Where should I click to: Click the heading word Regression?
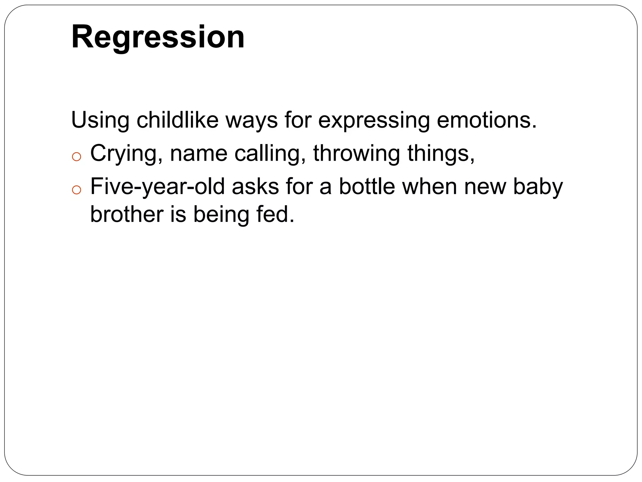coord(158,37)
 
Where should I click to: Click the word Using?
coord(100,120)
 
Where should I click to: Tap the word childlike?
coord(177,120)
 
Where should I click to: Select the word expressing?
coord(374,120)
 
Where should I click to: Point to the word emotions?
coord(487,120)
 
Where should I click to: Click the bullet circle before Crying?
coord(76,157)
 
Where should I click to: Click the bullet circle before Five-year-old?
coord(76,190)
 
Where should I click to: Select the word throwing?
coord(356,154)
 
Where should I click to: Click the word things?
coord(440,154)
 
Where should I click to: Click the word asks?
coord(255,187)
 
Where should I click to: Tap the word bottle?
coord(367,187)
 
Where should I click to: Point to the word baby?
coord(538,187)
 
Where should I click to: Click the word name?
coord(198,154)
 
